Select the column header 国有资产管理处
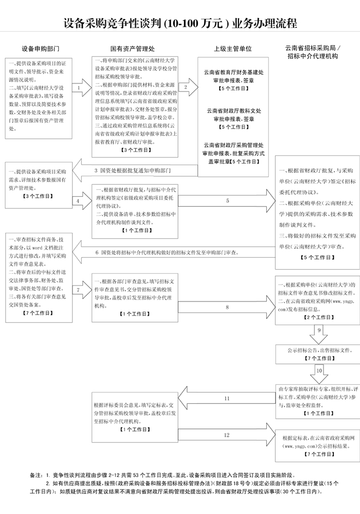133,48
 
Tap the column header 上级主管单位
232,48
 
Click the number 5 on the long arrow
227,201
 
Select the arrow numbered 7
80,291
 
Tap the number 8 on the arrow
227,307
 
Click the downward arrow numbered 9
319,330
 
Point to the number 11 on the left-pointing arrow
227,400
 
